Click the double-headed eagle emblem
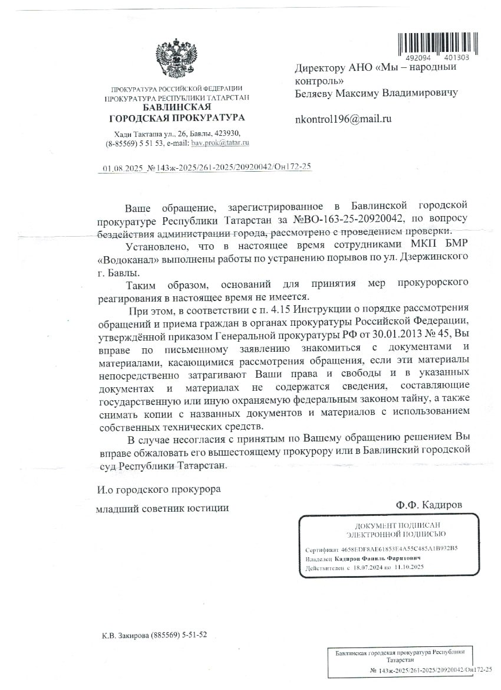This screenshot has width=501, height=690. [x=176, y=61]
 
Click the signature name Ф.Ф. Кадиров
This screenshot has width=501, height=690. [x=430, y=505]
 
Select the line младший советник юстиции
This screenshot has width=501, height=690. [x=162, y=508]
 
